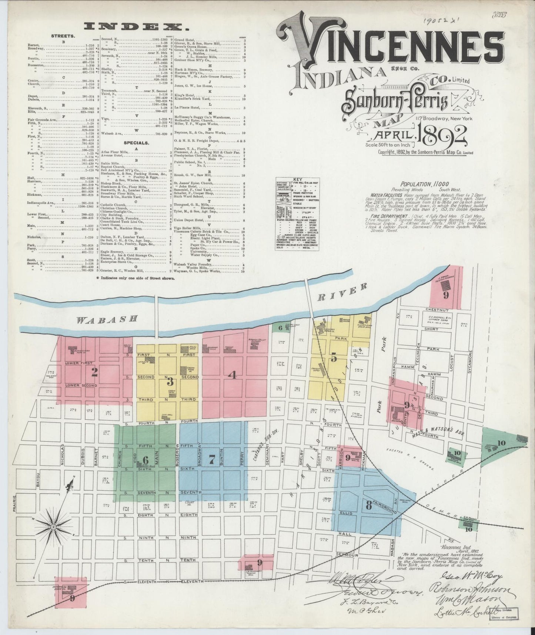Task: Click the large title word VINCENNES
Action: (x=392, y=48)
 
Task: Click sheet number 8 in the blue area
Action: (x=368, y=505)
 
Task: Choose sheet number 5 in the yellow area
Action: (x=334, y=358)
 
